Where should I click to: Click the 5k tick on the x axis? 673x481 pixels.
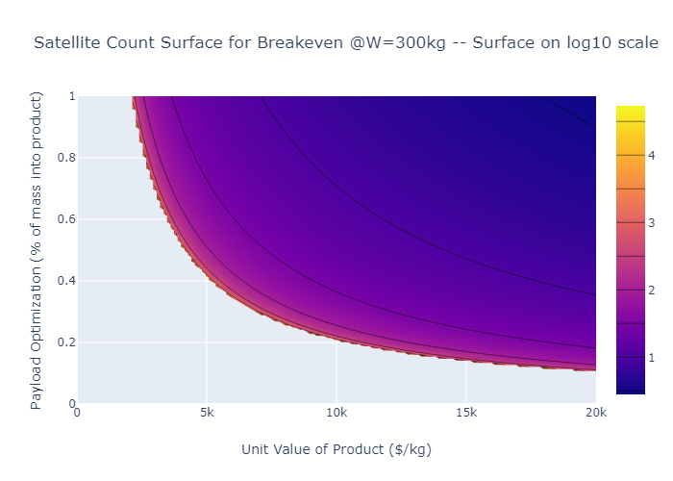coord(207,413)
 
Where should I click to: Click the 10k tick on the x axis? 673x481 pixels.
coord(336,413)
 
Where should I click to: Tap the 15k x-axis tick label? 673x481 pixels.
coord(466,413)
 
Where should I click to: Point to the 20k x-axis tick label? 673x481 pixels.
coord(595,413)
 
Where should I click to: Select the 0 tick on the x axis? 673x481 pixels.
coord(78,413)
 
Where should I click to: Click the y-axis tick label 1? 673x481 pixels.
coord(70,96)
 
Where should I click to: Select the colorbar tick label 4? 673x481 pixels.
coord(651,155)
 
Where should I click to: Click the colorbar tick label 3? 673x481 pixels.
coord(651,223)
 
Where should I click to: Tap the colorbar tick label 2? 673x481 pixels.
coord(651,291)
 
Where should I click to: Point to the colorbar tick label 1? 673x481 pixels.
coord(651,358)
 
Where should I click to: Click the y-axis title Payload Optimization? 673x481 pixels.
coord(37,250)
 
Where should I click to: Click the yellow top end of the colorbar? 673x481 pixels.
coord(630,110)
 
